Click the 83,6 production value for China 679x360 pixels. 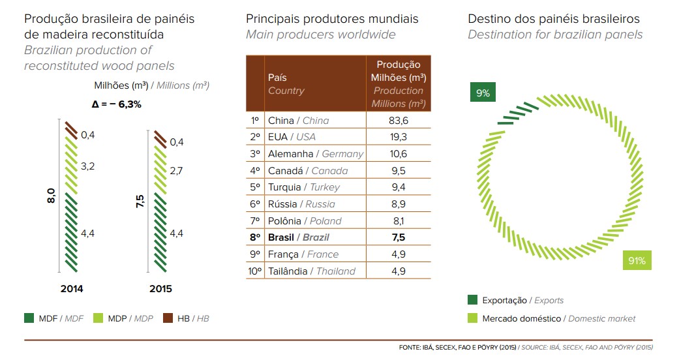pyautogui.click(x=398, y=120)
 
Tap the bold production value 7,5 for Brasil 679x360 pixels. pyautogui.click(x=398, y=237)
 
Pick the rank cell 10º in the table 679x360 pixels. pyautogui.click(x=254, y=271)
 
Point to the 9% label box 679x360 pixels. pyautogui.click(x=483, y=93)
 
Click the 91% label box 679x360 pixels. pyautogui.click(x=637, y=261)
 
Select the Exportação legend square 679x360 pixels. pyautogui.click(x=472, y=301)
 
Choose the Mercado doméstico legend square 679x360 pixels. pyautogui.click(x=472, y=318)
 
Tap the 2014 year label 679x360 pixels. pyautogui.click(x=71, y=289)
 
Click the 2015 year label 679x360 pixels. pyautogui.click(x=160, y=289)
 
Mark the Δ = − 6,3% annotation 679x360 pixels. pyautogui.click(x=117, y=104)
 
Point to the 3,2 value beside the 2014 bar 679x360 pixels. pyautogui.click(x=88, y=166)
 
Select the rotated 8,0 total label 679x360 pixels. pyautogui.click(x=52, y=196)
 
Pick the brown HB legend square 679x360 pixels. pyautogui.click(x=166, y=318)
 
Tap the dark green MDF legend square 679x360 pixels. pyautogui.click(x=29, y=318)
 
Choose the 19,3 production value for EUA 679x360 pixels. pyautogui.click(x=398, y=137)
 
